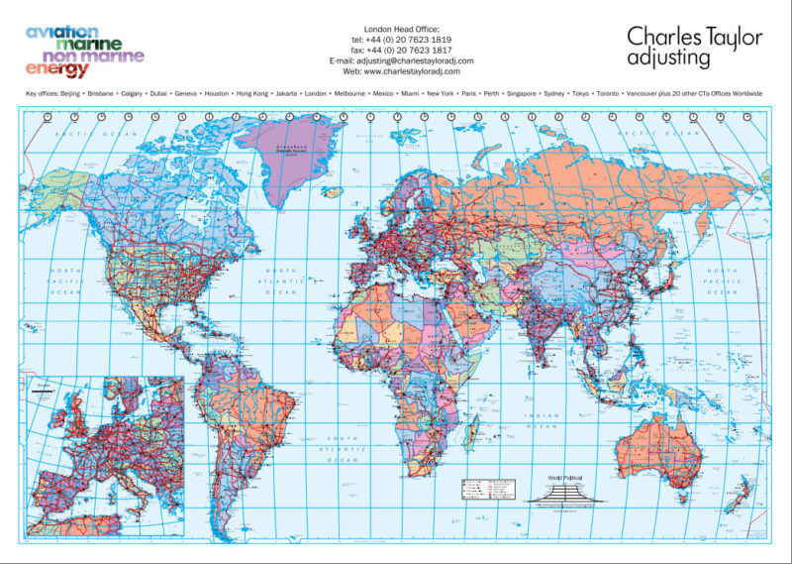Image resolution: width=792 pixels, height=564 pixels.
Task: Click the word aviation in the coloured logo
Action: (x=62, y=32)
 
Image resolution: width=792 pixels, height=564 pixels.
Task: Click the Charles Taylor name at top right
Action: (x=694, y=37)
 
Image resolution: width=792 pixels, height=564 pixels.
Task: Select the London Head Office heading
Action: (x=401, y=30)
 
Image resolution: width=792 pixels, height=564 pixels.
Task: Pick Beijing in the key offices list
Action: (x=68, y=93)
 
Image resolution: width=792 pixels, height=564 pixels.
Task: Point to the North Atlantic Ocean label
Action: (x=287, y=280)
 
